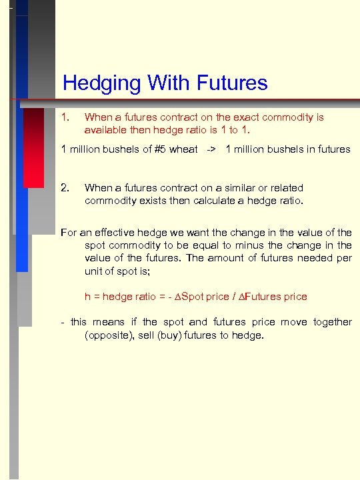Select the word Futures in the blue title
pyautogui.click(x=231, y=83)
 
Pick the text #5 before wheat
pyautogui.click(x=160, y=149)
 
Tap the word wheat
pyautogui.click(x=184, y=149)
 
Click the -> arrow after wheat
pyautogui.click(x=210, y=149)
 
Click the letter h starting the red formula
pyautogui.click(x=87, y=296)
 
